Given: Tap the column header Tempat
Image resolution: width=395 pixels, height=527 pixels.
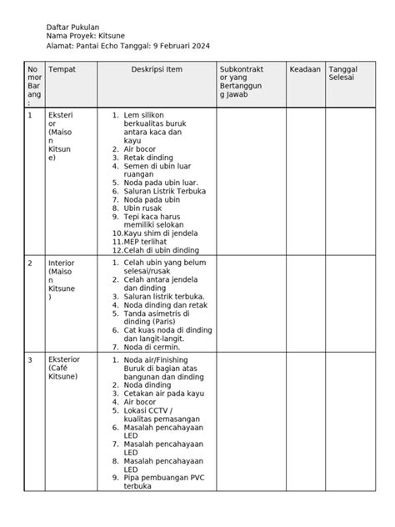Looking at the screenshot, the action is (62, 70).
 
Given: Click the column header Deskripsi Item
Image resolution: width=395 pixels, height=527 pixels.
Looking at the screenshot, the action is (156, 70).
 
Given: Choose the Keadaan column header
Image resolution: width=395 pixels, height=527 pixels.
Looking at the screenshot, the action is (304, 70).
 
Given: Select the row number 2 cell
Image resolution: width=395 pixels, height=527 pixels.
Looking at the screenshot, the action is (31, 263).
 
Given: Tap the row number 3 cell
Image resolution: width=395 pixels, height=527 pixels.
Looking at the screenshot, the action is (31, 359).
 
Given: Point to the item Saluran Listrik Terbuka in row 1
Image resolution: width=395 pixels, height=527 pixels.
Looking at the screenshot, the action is (164, 191).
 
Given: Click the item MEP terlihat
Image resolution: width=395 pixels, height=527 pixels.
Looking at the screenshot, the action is (147, 241).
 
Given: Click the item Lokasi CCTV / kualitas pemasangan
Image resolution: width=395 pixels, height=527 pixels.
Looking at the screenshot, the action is (160, 416).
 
